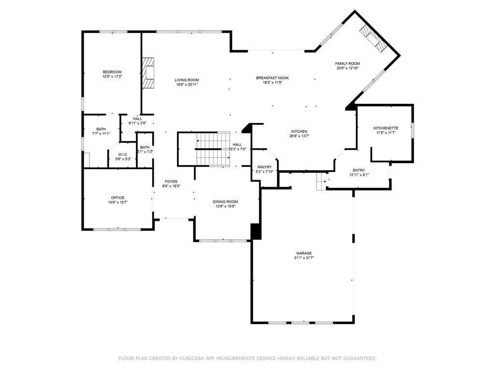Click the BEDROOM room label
point(112,72)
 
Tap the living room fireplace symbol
point(148,73)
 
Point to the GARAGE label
point(304,253)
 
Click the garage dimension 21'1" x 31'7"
point(304,258)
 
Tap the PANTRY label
point(264,167)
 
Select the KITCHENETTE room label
point(386,128)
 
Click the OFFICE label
point(117,198)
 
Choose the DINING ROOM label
point(225,201)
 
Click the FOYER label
point(171,182)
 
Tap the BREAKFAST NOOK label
point(272,78)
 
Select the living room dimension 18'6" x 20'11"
point(187,85)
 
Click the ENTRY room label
point(359,170)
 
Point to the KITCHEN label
point(299,131)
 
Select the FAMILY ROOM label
point(348,63)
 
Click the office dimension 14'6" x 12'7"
point(117,202)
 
